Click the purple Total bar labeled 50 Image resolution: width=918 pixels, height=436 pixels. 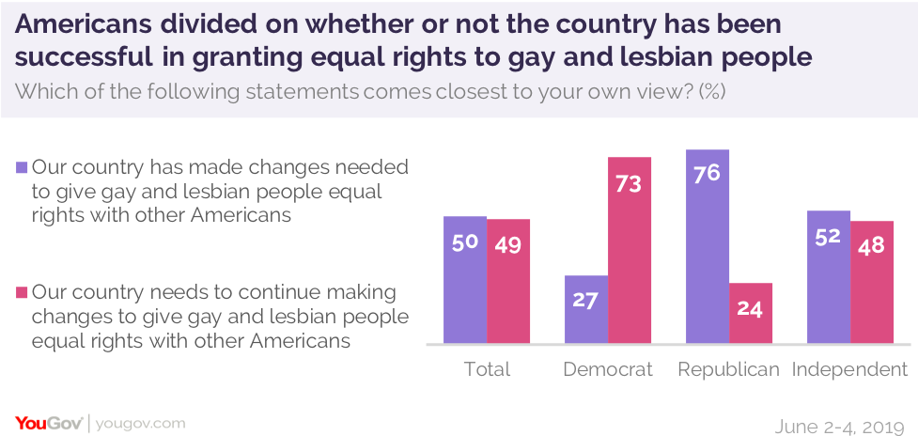point(465,279)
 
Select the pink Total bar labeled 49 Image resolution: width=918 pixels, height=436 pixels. point(508,281)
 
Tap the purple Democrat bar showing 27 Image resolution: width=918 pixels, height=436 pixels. point(586,309)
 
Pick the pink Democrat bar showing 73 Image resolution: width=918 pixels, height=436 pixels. point(630,249)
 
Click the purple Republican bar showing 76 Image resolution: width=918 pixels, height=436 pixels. point(708,246)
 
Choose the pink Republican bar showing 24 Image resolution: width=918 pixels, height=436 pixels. point(751,313)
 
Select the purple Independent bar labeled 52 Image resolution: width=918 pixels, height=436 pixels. point(829,276)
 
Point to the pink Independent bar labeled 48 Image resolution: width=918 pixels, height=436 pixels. point(872,282)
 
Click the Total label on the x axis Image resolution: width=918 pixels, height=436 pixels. point(487,369)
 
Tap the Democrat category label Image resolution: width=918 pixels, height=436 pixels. point(608,369)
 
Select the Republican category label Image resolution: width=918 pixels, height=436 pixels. point(729,369)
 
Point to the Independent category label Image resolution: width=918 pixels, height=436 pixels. point(850,369)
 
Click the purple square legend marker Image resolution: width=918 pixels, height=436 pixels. point(22,167)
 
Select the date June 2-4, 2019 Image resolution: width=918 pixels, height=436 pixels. point(841,424)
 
